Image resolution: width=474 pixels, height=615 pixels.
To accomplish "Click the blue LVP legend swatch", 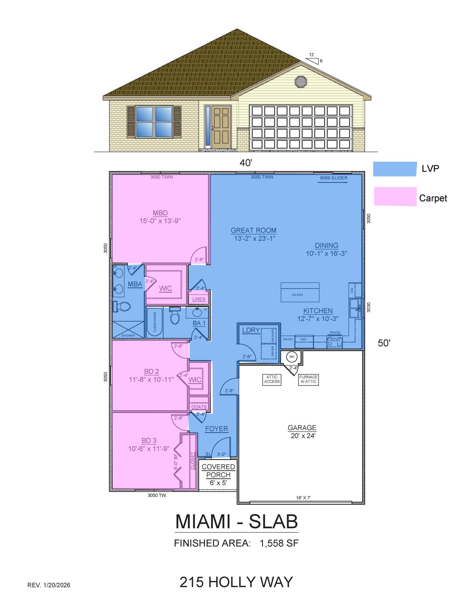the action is tap(395, 169).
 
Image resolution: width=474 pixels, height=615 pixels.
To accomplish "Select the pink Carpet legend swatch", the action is tap(395, 196).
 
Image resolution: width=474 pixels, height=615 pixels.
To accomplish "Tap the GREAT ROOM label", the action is tap(253, 230).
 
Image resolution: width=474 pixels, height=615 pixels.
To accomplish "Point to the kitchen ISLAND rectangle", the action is tap(300, 292).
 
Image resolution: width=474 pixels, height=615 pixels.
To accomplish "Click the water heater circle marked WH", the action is tap(292, 357).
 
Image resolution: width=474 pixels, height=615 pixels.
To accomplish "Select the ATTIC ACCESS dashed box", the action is tap(272, 379).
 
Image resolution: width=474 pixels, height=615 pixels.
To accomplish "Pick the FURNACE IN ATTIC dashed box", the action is tap(308, 379).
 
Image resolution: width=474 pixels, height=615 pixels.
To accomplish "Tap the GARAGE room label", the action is tap(302, 428).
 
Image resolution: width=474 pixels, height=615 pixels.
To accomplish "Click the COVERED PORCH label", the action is tap(218, 471).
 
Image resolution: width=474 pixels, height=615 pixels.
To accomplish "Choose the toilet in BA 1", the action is tap(174, 316).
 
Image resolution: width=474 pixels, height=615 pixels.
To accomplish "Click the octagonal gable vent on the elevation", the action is tap(301, 82).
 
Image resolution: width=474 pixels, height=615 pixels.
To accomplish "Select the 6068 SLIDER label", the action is tap(334, 178).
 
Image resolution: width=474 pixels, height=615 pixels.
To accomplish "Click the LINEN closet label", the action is tap(199, 299).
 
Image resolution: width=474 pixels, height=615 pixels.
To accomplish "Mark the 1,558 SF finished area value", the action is tap(279, 543).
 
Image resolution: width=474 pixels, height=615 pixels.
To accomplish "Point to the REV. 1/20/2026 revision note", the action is tap(49, 585).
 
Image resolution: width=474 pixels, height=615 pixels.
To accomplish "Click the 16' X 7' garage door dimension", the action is tap(303, 498).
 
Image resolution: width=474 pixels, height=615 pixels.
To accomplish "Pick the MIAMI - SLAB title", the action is tap(237, 522).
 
